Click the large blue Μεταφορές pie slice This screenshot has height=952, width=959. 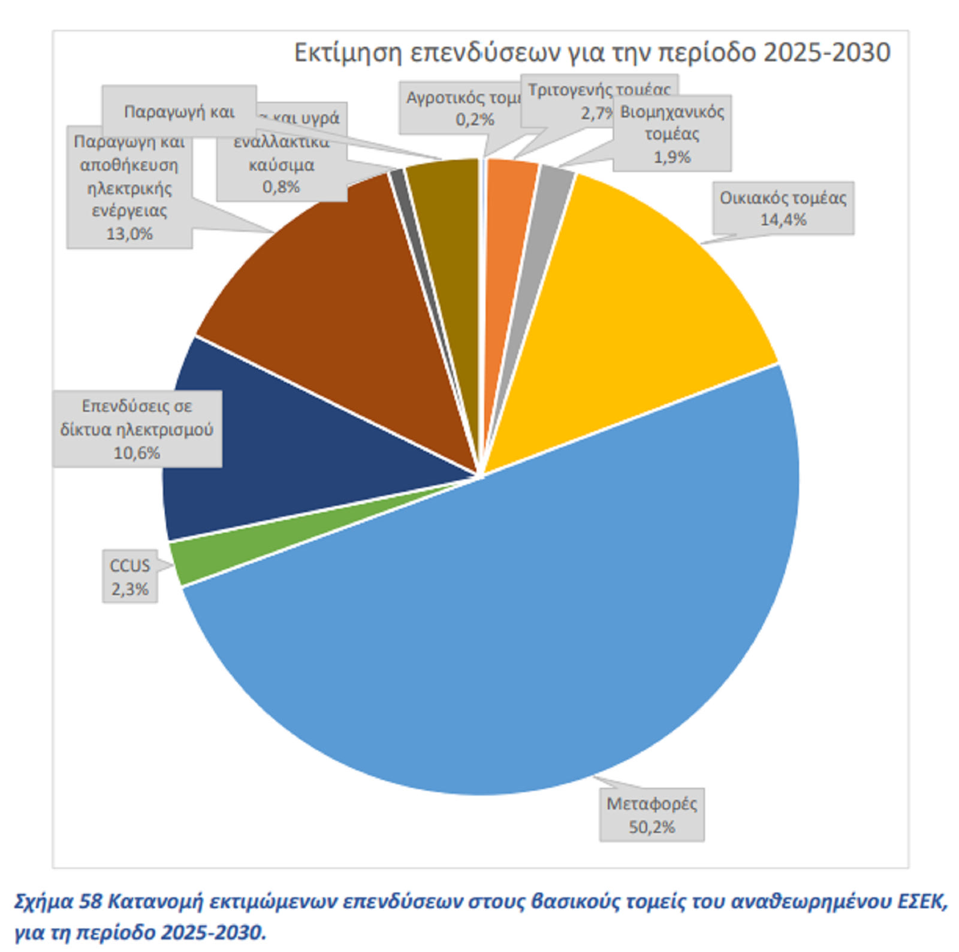coord(509,629)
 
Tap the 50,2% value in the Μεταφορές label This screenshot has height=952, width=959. coord(652,827)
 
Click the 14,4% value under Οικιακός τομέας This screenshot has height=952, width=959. coord(783,220)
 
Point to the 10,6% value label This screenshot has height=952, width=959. coord(137,453)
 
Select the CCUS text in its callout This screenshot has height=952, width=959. coord(129,566)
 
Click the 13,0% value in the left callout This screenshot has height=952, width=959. coord(129,234)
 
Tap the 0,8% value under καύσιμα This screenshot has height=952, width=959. coord(281,187)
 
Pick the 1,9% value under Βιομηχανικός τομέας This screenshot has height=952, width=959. coord(672,157)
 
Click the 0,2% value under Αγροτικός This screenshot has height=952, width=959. coord(475,119)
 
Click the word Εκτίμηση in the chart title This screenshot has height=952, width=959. coord(348,53)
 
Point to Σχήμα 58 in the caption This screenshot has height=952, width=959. coord(58,902)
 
